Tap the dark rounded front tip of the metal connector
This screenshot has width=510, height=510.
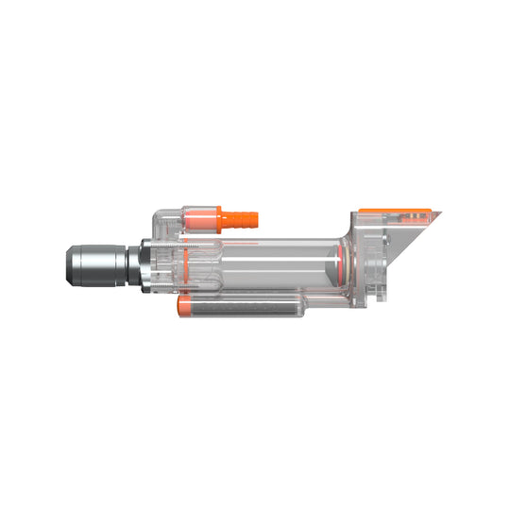(x=70, y=265)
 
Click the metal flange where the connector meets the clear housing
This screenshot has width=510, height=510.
(x=144, y=265)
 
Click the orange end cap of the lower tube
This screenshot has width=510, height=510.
(x=185, y=307)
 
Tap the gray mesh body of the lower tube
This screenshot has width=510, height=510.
(x=241, y=307)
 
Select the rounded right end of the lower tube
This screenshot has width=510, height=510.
(x=300, y=307)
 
